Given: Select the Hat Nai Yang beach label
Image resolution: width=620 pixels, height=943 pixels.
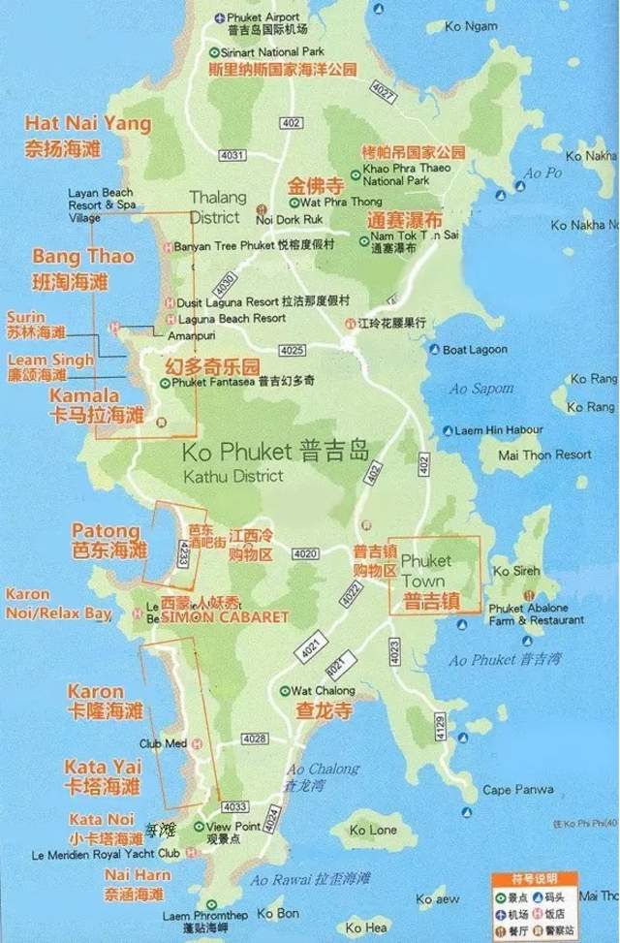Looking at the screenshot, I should [88, 123].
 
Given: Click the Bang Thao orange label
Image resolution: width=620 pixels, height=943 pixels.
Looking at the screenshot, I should [83, 258].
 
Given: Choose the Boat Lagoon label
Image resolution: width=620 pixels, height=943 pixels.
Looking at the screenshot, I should [475, 350].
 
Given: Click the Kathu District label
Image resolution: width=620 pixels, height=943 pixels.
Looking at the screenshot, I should [233, 476].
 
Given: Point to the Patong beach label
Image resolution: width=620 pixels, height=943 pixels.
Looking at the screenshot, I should [106, 531].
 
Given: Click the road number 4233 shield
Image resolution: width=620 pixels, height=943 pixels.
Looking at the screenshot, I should [182, 553].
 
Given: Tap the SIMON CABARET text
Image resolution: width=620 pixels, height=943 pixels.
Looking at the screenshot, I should [225, 616].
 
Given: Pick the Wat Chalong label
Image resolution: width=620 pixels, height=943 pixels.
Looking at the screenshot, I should [323, 691].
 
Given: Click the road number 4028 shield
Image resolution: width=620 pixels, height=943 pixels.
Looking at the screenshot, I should [255, 739].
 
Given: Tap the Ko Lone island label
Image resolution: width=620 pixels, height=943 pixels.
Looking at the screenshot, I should [373, 831].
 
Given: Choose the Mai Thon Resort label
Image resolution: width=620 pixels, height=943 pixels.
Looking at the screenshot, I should [543, 454].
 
